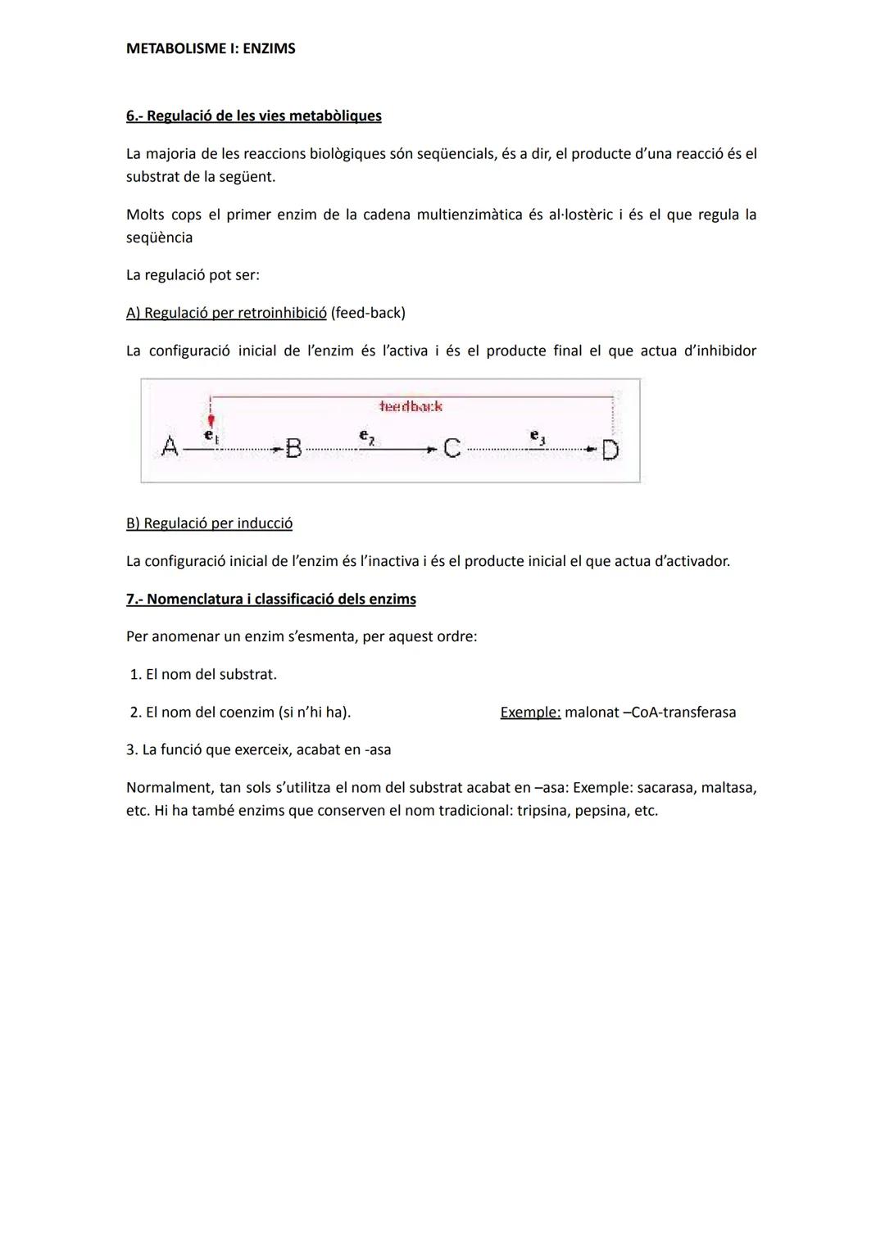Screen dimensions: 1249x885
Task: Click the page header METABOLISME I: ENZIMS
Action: coord(211,48)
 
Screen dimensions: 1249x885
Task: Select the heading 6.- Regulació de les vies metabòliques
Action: coord(253,115)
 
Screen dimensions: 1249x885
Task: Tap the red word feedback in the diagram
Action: coord(411,406)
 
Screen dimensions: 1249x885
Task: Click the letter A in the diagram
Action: coord(170,447)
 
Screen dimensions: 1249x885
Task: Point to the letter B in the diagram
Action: coord(293,449)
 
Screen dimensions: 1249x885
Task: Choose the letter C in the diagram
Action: coord(452,448)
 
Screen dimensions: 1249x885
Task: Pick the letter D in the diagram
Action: coord(610,450)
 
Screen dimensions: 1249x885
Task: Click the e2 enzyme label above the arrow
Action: coord(367,437)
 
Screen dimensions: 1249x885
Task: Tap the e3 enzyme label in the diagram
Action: coord(537,437)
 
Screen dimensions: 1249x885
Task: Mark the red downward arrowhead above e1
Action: coord(211,420)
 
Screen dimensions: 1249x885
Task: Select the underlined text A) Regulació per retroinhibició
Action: coord(225,313)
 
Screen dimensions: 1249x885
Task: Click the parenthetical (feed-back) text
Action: coord(368,313)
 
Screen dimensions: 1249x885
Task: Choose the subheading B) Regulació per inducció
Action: coord(209,523)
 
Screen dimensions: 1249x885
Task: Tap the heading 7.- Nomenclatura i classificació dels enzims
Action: coord(270,599)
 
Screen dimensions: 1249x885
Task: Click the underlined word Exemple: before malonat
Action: coord(530,713)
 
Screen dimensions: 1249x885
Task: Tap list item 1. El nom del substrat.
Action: coord(203,675)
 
